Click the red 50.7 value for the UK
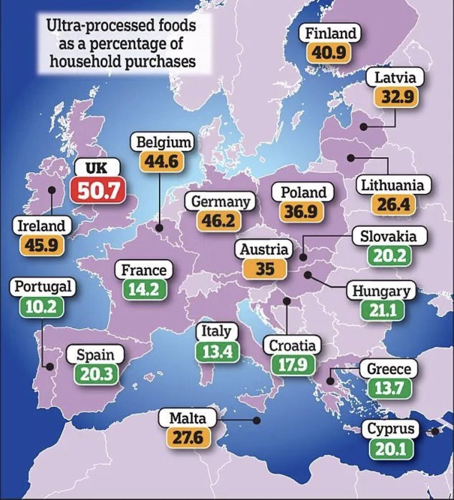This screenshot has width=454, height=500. point(98,191)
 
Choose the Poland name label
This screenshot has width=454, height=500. point(304,192)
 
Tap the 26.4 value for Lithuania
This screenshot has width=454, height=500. point(394,205)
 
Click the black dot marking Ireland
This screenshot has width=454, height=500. point(52,190)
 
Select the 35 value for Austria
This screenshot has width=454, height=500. point(265,269)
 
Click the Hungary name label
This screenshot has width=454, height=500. point(381,291)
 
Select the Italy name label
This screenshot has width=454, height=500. point(216,331)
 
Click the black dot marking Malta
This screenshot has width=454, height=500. point(256,420)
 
